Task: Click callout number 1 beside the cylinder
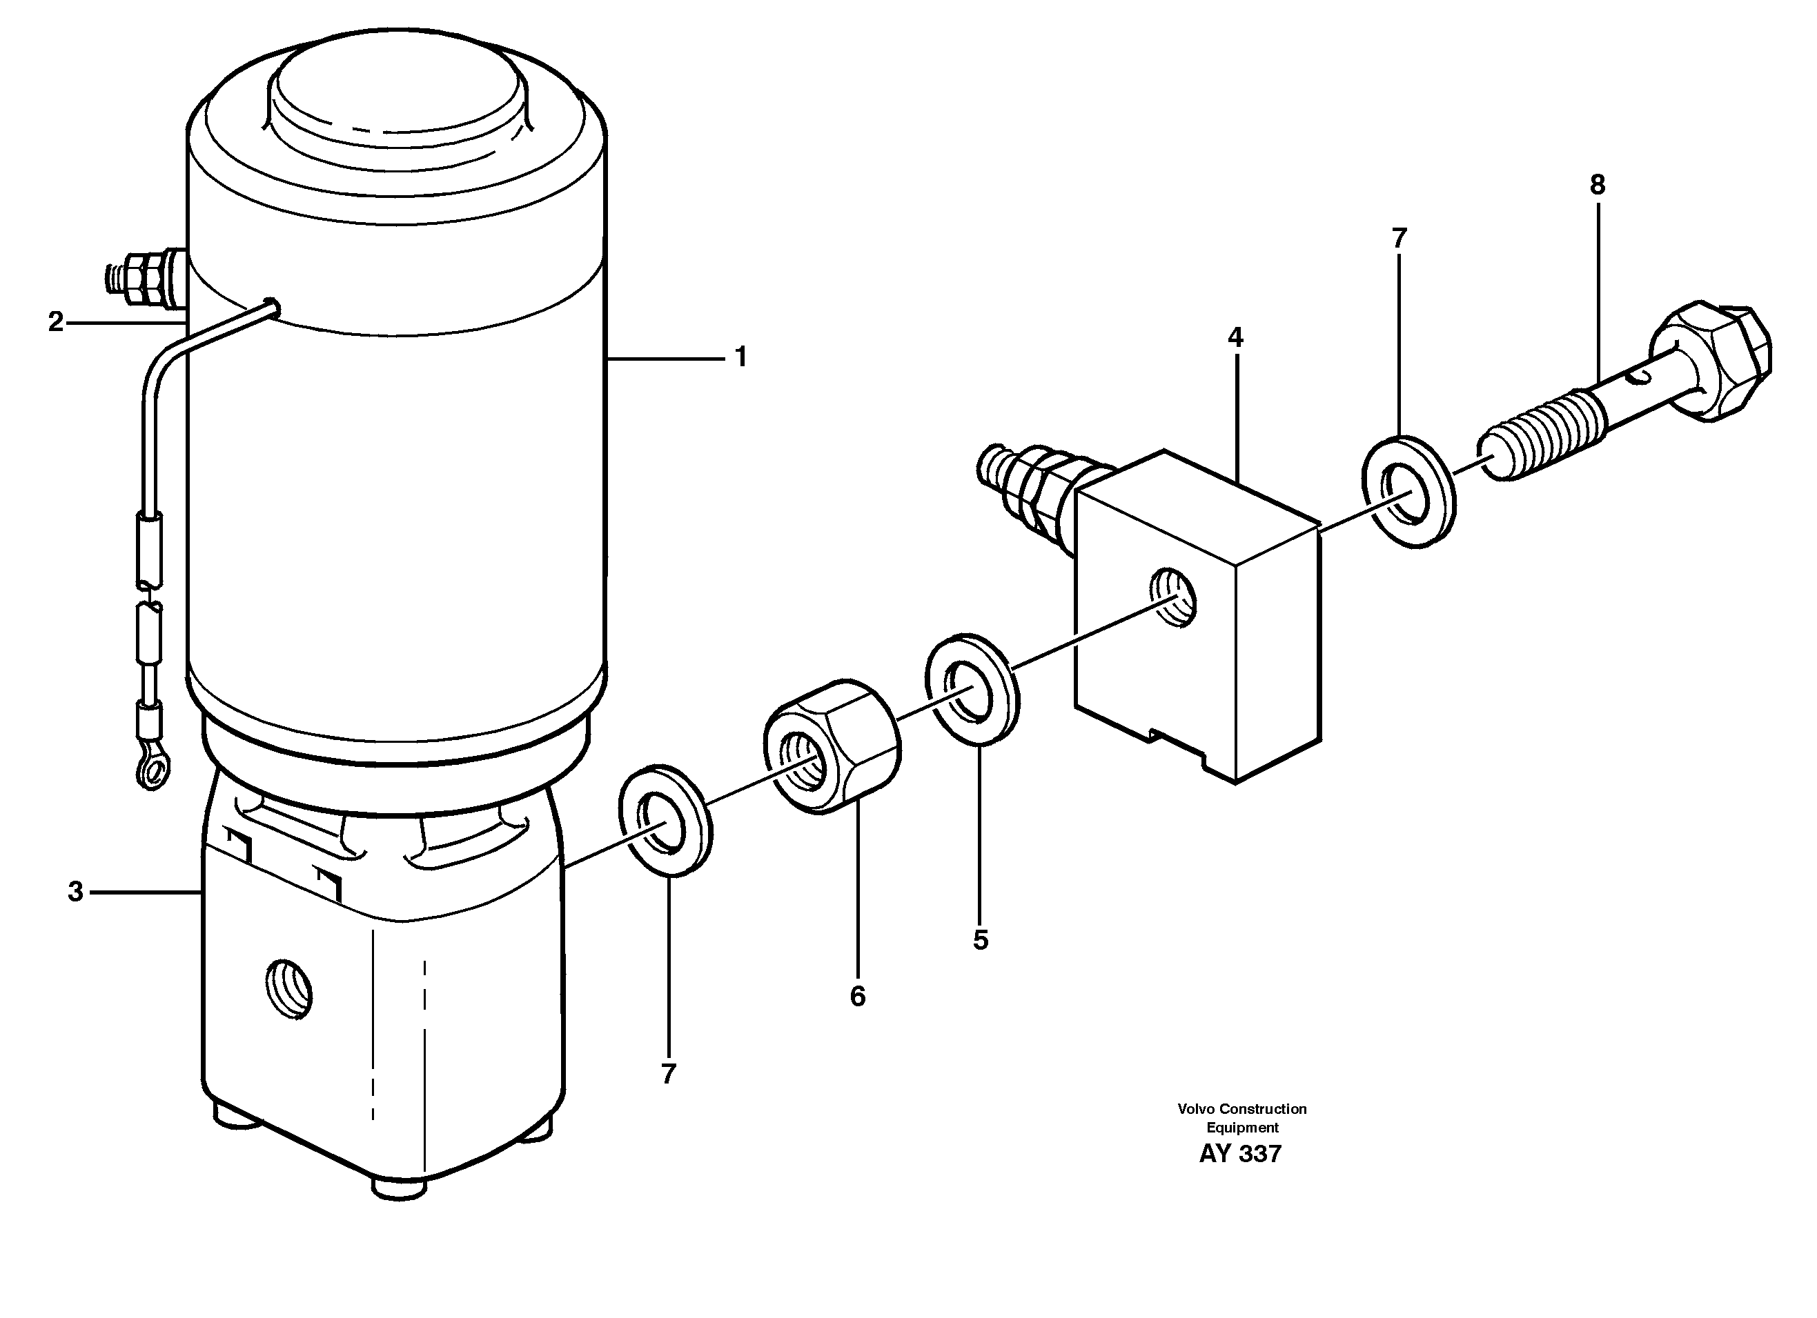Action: pyautogui.click(x=740, y=357)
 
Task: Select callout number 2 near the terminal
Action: pyautogui.click(x=55, y=322)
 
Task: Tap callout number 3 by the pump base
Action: pyautogui.click(x=75, y=891)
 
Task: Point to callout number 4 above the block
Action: pyautogui.click(x=1235, y=338)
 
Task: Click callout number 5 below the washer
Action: pyautogui.click(x=981, y=940)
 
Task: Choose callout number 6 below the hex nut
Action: pyautogui.click(x=857, y=996)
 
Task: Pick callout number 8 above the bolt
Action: pyautogui.click(x=1598, y=186)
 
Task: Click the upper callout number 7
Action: pyautogui.click(x=1399, y=239)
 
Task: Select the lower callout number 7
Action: pyautogui.click(x=668, y=1074)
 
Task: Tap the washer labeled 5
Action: pyautogui.click(x=972, y=688)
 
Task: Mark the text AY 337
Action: pyautogui.click(x=1240, y=1154)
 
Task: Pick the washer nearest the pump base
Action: pyautogui.click(x=665, y=821)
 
